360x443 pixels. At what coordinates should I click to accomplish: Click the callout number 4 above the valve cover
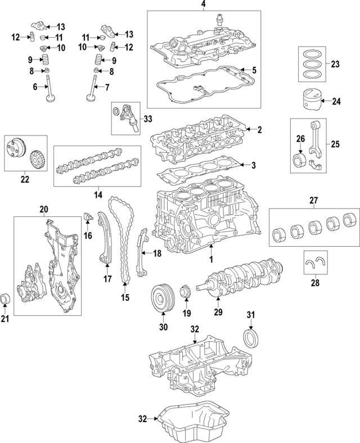click(204, 5)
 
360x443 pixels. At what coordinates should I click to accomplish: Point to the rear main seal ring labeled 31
click(250, 340)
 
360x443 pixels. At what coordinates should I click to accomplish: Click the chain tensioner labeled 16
click(87, 218)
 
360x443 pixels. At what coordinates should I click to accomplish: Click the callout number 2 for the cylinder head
click(260, 130)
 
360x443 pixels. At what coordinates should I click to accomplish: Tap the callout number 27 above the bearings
click(314, 200)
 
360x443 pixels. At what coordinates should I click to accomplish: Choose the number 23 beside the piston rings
click(335, 65)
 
